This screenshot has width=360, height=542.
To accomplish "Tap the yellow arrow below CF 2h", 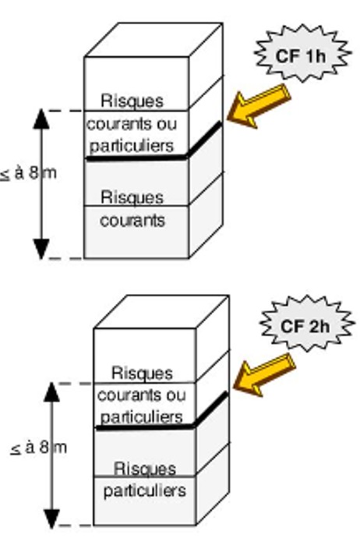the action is [x=264, y=374].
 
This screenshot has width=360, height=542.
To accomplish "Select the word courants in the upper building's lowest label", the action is [x=132, y=221].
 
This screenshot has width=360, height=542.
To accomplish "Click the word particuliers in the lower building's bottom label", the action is [x=145, y=491].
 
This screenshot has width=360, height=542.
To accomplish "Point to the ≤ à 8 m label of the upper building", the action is [x=29, y=173].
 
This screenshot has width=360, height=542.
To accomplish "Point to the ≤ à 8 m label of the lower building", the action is [x=39, y=448].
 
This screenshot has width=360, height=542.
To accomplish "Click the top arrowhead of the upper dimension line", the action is [x=41, y=119].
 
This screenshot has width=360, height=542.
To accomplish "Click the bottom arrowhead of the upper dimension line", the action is [x=41, y=249].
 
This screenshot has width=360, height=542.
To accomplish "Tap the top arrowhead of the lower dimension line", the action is [x=51, y=392].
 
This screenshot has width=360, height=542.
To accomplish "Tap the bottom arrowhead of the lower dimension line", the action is [x=51, y=519].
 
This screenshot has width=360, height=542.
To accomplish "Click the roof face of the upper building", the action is [x=154, y=40].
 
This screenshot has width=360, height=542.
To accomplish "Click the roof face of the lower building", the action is [x=161, y=311].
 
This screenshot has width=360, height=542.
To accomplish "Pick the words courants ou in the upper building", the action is [x=131, y=124].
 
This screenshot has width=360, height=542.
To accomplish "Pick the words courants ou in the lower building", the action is [x=141, y=395].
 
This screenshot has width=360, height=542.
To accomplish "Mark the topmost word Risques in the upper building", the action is [x=132, y=101].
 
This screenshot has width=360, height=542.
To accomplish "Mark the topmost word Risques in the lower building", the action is [x=142, y=373].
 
